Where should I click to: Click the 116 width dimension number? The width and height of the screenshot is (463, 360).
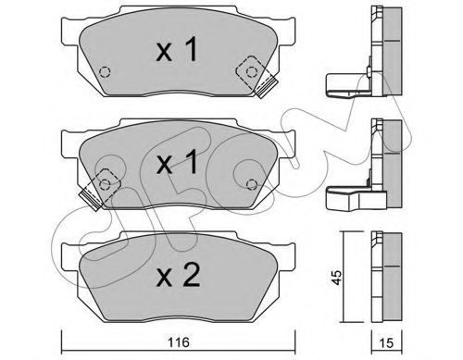179,341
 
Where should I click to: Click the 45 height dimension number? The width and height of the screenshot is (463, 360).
337,278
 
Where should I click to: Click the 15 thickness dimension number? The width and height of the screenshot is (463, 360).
386,342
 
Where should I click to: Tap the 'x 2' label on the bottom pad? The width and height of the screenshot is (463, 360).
178,276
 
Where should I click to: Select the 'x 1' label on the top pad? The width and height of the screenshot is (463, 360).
177,49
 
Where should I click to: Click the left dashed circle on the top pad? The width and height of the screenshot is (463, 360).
105,72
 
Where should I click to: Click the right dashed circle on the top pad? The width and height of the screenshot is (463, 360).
252,72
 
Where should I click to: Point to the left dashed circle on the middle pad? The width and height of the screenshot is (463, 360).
105,184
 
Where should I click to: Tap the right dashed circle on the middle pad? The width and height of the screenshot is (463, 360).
252,184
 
